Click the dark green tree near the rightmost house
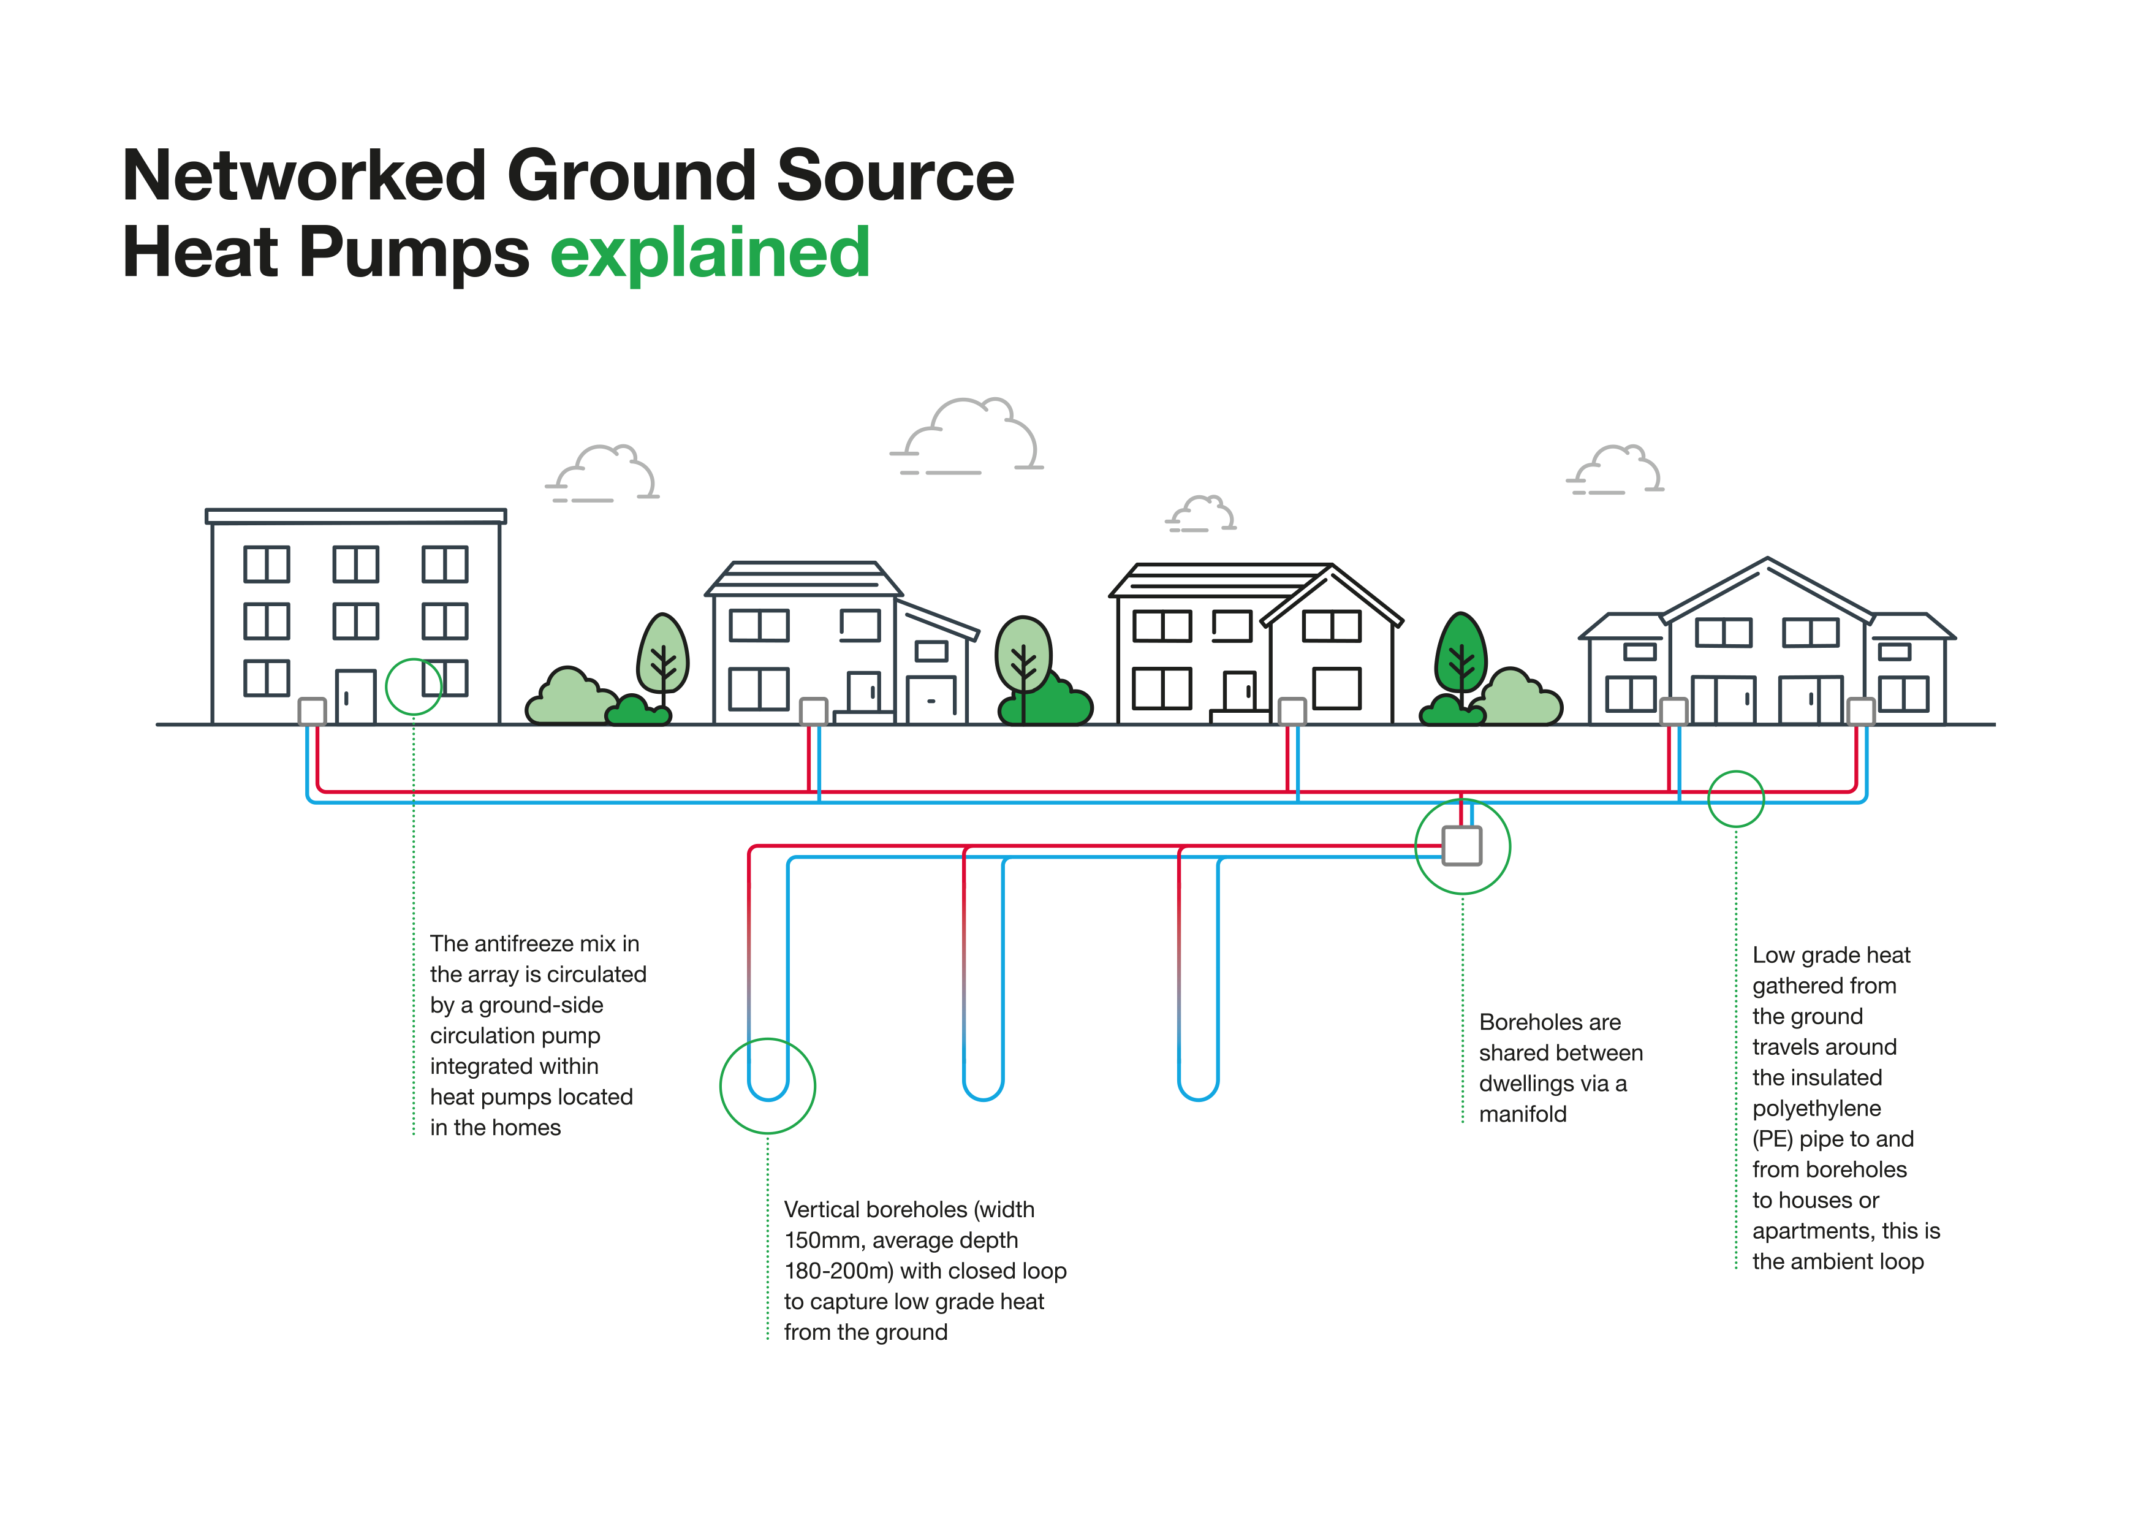point(1460,655)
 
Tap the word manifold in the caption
point(1523,1114)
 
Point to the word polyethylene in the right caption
point(1816,1108)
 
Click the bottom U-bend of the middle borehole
point(983,1093)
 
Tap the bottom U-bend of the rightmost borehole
point(1198,1093)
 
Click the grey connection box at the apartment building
point(312,712)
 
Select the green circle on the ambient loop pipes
point(1735,799)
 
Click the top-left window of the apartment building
point(267,564)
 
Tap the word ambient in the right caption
point(1838,1262)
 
